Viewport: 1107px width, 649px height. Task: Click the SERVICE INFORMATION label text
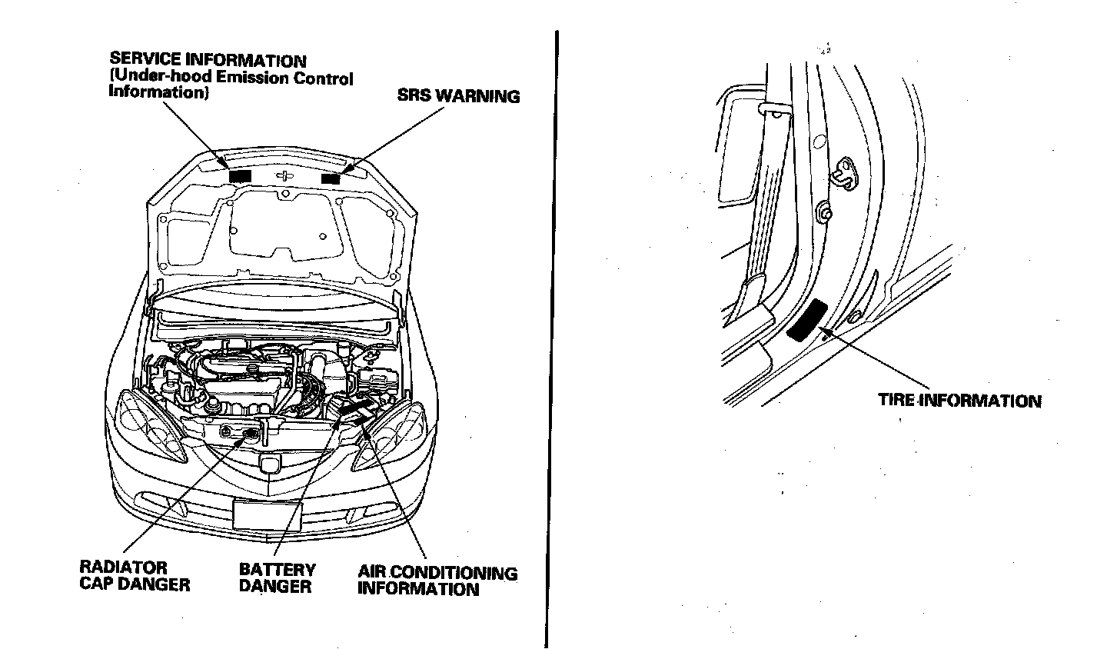point(208,60)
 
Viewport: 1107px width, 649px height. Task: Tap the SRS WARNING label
point(458,96)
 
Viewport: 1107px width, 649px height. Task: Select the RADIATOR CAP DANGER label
point(134,576)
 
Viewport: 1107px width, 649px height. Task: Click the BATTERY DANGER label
point(277,578)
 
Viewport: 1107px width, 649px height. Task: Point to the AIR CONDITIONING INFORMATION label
point(437,581)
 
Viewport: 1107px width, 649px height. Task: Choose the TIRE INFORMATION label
point(959,401)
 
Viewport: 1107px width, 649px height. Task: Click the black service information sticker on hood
point(239,176)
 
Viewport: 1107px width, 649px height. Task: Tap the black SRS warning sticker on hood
point(331,178)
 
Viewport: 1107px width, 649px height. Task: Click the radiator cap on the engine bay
point(250,436)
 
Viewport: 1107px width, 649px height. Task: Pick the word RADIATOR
point(123,567)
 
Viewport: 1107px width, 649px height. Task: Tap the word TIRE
point(896,401)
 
